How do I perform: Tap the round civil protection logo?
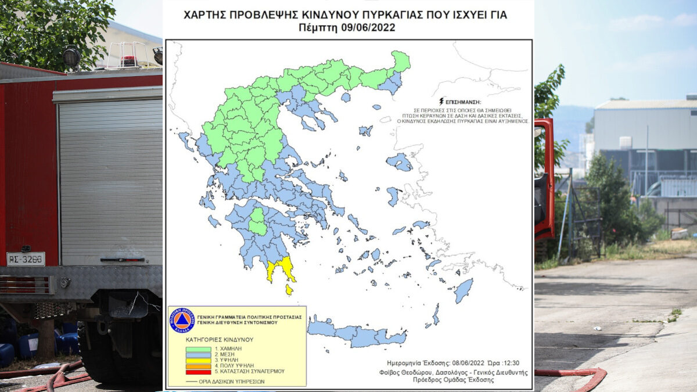(x=182, y=320)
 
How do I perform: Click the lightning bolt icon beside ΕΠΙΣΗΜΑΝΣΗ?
(x=443, y=101)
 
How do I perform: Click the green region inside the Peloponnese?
(x=257, y=221)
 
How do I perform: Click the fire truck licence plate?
(x=26, y=259)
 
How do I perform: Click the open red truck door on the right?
(x=544, y=180)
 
